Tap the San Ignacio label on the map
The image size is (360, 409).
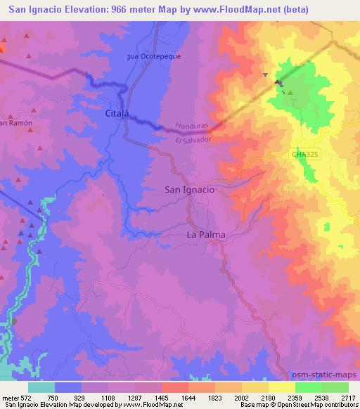click(189, 189)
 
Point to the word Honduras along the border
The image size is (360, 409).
click(192, 125)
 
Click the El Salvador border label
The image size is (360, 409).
click(193, 140)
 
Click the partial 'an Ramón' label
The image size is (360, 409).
click(13, 123)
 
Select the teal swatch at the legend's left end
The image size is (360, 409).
click(41, 387)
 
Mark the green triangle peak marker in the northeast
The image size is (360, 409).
click(289, 92)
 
